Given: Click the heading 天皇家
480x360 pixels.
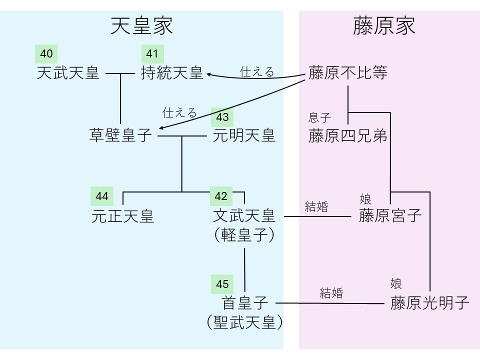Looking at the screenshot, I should pos(141,26).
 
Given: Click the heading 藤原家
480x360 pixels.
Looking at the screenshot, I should pos(384,26).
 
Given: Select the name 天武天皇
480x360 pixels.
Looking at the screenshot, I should pos(68,74).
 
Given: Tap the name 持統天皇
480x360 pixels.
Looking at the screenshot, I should pos(172,74).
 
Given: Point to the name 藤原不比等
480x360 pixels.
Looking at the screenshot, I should pos(348,74).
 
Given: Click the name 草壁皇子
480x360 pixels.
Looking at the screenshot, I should pos(120,135).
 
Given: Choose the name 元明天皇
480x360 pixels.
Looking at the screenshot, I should pos(244,135).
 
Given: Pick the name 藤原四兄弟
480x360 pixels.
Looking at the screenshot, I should pos(348,136).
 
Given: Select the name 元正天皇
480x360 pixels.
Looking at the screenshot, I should pos(122,216).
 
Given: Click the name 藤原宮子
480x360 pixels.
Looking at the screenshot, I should pos(390,216).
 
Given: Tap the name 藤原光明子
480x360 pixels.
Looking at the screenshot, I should pos(430,303).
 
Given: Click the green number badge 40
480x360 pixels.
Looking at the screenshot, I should pos(46,54).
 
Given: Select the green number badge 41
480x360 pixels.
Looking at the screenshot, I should pos(152,54).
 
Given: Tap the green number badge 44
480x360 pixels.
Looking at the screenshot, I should pos(102,196).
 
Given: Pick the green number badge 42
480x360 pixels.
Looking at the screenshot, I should pos(221,196).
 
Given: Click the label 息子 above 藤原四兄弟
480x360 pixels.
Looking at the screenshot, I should pos(320,118).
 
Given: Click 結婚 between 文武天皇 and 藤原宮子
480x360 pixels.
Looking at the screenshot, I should pos(316,206).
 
